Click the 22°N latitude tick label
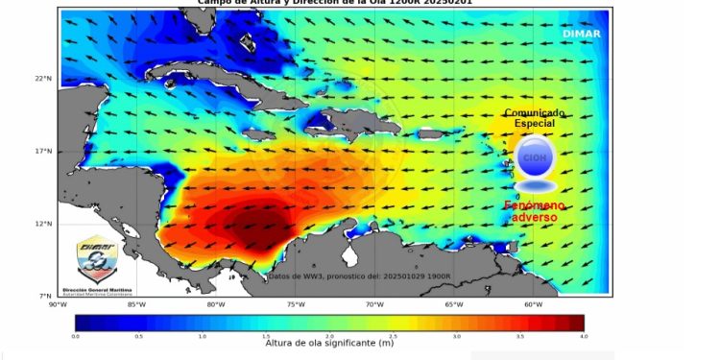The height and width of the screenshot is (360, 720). click(43, 79)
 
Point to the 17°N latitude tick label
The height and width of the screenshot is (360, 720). click(43, 152)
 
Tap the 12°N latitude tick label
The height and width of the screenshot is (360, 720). click(43, 224)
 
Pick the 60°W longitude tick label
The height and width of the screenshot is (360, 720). click(533, 304)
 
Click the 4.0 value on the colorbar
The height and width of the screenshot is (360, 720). click(583, 338)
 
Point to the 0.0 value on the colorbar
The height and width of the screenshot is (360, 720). click(75, 338)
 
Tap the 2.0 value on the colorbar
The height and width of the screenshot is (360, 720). click(328, 338)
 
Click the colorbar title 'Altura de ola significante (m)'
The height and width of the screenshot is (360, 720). click(330, 348)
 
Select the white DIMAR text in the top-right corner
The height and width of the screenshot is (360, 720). click(582, 33)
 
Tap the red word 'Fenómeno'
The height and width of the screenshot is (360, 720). click(535, 206)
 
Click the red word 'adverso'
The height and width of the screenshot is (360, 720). click(534, 219)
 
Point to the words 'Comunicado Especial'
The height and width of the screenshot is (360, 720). click(535, 118)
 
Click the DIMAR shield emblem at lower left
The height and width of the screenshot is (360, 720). click(98, 258)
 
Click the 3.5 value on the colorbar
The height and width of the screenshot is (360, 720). click(519, 338)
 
